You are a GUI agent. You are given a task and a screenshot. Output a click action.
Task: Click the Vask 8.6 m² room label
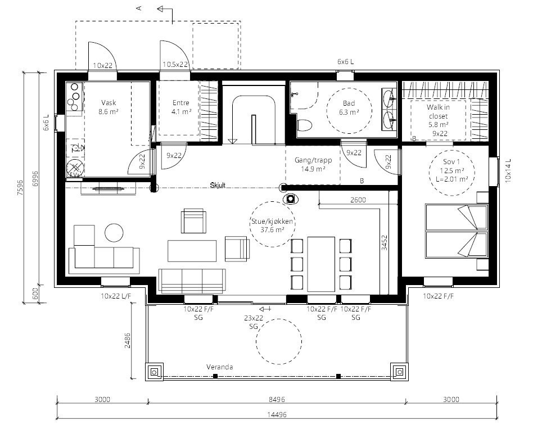click(109, 107)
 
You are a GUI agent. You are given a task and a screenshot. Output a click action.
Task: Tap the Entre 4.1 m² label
click(181, 107)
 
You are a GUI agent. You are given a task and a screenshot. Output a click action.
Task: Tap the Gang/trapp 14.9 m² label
click(313, 164)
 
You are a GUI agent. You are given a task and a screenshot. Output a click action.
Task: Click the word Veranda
click(219, 367)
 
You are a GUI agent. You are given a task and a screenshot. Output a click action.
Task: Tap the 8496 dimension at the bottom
click(277, 400)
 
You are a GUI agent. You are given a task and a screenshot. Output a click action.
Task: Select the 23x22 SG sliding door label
click(254, 322)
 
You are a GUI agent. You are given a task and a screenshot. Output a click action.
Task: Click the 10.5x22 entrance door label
click(175, 65)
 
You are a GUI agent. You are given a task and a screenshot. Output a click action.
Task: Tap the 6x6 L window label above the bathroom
click(345, 61)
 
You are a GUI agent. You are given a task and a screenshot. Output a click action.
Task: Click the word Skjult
click(218, 185)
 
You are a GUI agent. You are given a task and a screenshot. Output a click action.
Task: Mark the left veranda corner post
click(155, 371)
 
